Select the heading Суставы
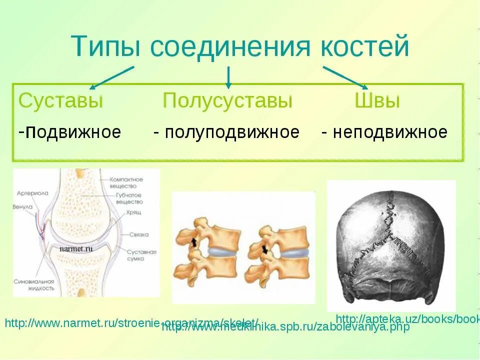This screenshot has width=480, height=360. click(60, 100)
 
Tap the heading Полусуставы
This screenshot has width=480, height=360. click(227, 100)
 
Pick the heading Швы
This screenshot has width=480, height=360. click(377, 100)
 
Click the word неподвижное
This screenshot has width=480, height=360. click(390, 132)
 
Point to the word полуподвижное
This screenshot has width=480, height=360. click(232, 132)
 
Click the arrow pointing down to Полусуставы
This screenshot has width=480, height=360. click(228, 77)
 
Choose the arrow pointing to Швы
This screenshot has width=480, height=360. click(345, 77)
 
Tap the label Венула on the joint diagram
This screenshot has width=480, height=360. click(23, 206)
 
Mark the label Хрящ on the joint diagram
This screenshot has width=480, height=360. click(134, 212)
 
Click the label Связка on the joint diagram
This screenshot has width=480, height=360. click(136, 233)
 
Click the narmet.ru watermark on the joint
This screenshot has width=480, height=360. click(76, 247)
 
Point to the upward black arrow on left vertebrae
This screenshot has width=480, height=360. click(192, 243)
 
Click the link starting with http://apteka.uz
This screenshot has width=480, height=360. click(407, 318)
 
